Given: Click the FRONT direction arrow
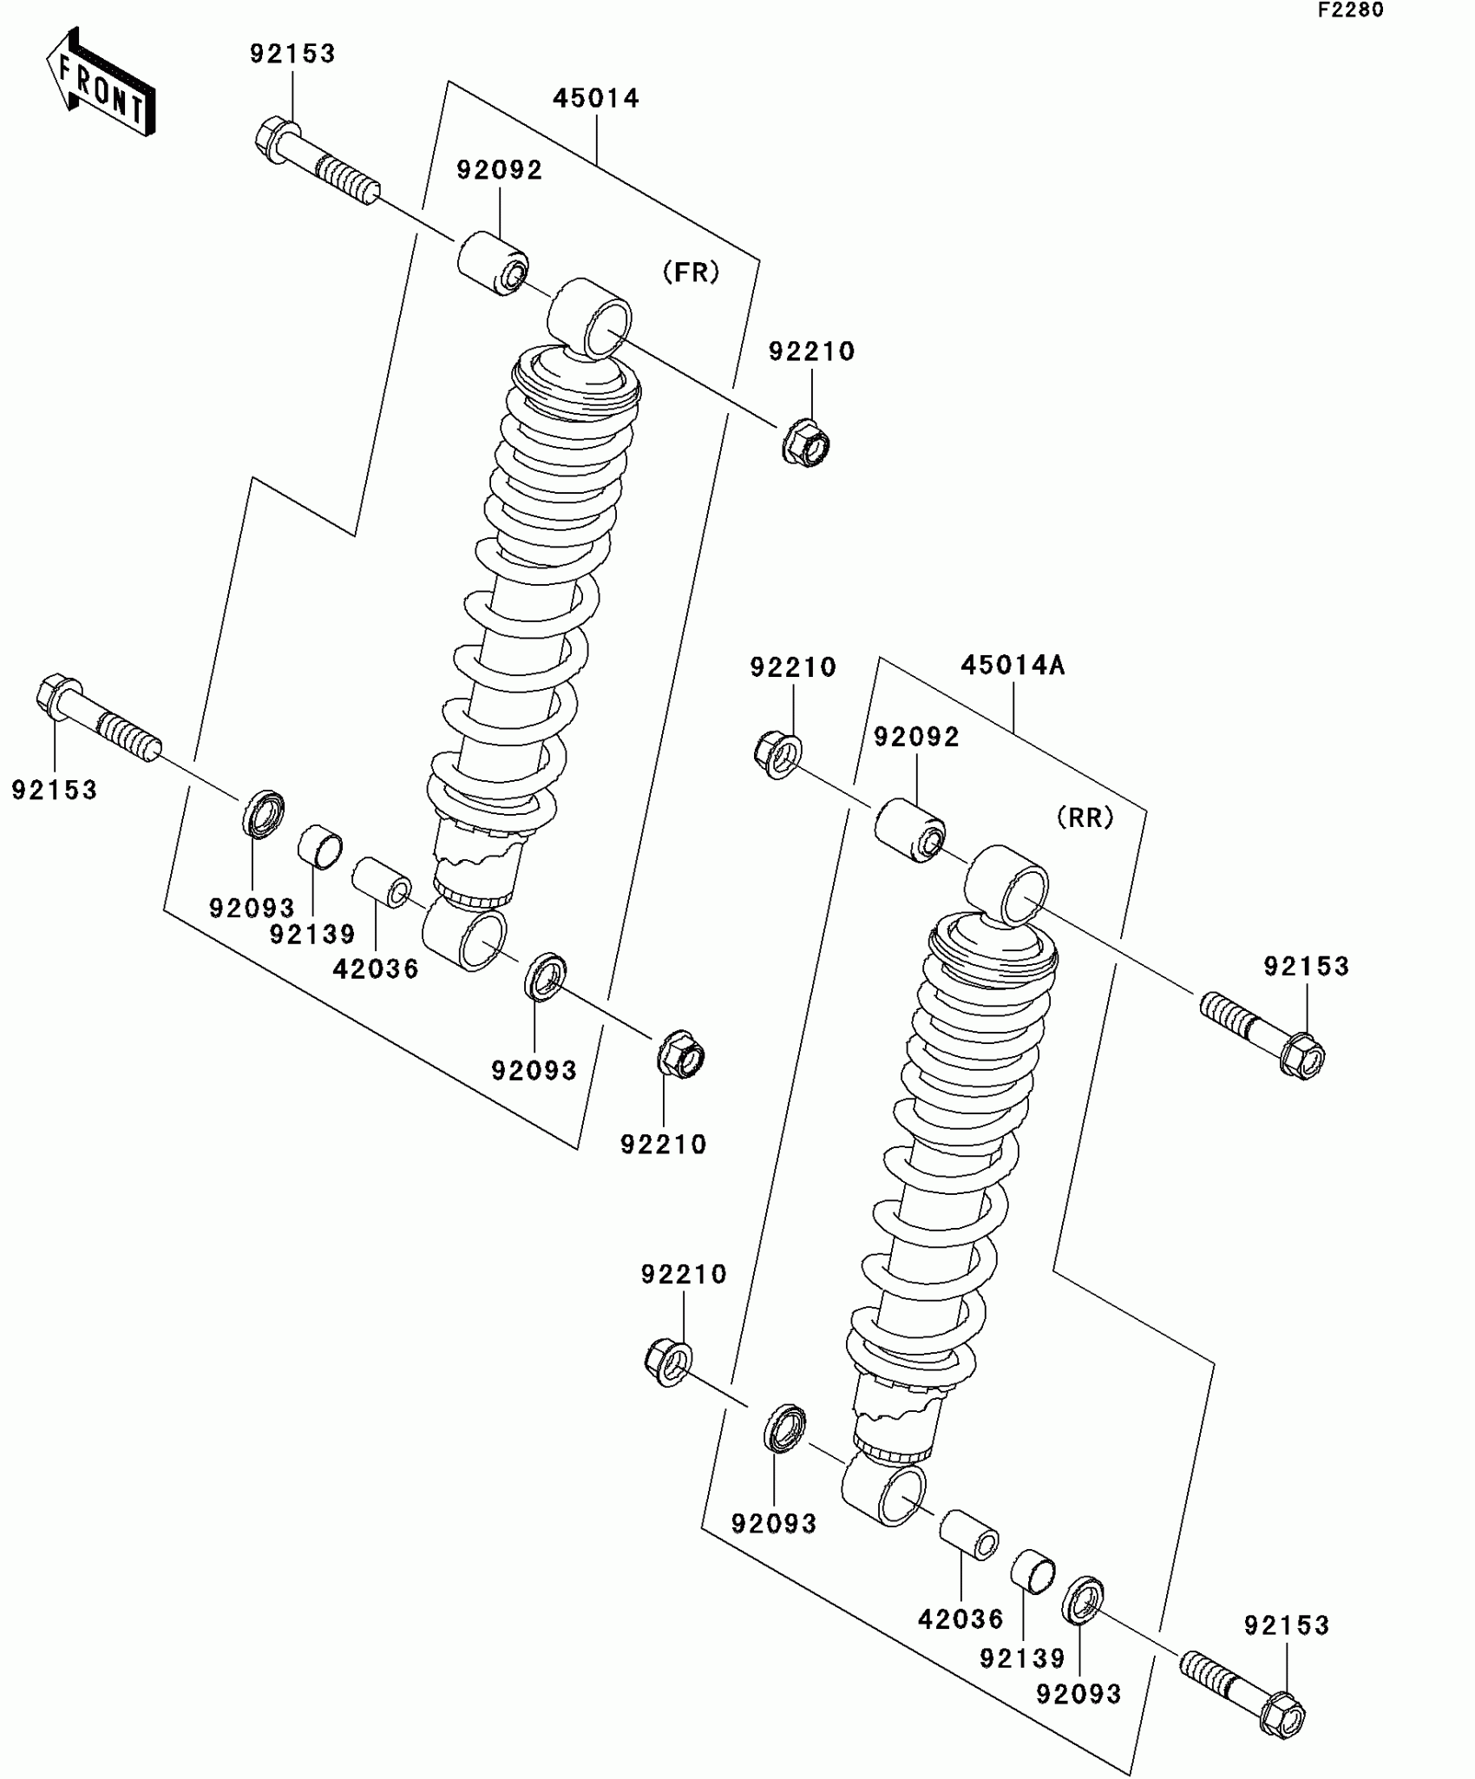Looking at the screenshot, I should pos(101,83).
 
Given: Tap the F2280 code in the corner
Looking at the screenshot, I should pos(1351,10).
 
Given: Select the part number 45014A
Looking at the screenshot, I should pos(1013,666).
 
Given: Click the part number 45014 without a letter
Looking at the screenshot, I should pos(596,98).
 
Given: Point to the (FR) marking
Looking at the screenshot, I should pos(691,272).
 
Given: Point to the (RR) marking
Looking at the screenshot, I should pos(1085,817).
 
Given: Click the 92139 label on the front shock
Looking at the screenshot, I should pos(312,935).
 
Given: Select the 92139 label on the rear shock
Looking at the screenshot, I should pos(1022,1658).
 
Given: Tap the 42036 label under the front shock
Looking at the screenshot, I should pos(376,968).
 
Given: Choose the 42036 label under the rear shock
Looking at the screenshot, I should pos(960,1618).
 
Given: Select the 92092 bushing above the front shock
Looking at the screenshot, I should pos(493,262).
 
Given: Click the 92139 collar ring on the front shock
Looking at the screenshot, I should pos(319,846).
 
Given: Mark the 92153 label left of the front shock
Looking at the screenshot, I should pos(54,790).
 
